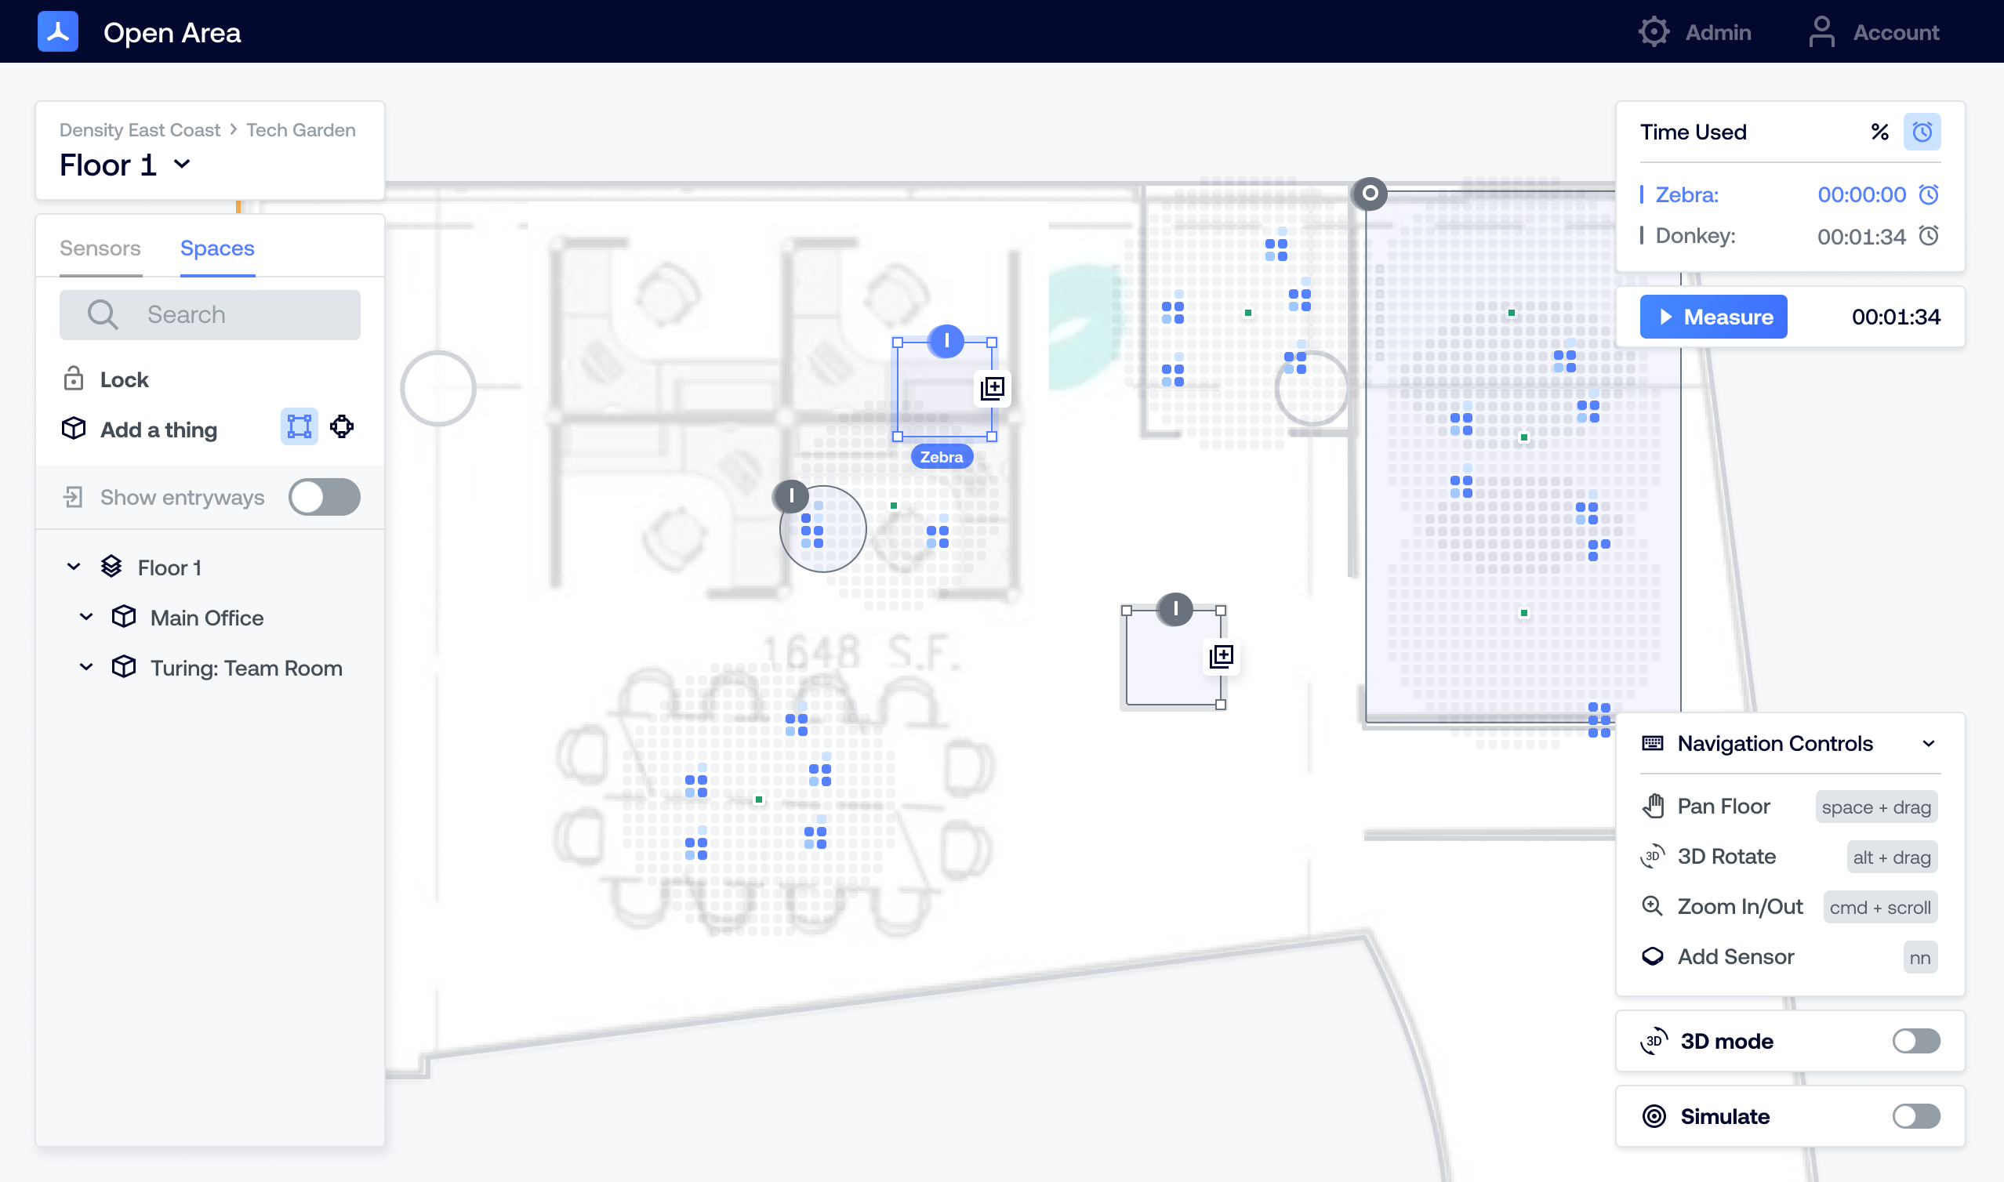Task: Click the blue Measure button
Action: [1712, 317]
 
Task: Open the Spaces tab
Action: [217, 248]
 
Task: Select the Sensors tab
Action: [100, 248]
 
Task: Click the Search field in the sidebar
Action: [210, 314]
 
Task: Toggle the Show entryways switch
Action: [324, 497]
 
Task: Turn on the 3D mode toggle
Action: [1916, 1041]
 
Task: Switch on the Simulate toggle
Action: [1916, 1116]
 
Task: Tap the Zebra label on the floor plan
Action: [942, 457]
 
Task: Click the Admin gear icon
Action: [1654, 32]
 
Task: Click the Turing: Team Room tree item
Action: [247, 668]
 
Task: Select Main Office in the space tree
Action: [207, 618]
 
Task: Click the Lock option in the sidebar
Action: [124, 380]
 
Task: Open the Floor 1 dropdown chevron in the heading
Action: [183, 164]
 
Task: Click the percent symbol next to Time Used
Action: [1880, 132]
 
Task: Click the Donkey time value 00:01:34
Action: [1861, 237]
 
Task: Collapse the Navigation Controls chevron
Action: [1928, 744]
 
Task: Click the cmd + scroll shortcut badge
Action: [1880, 907]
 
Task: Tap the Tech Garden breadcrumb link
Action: [301, 130]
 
